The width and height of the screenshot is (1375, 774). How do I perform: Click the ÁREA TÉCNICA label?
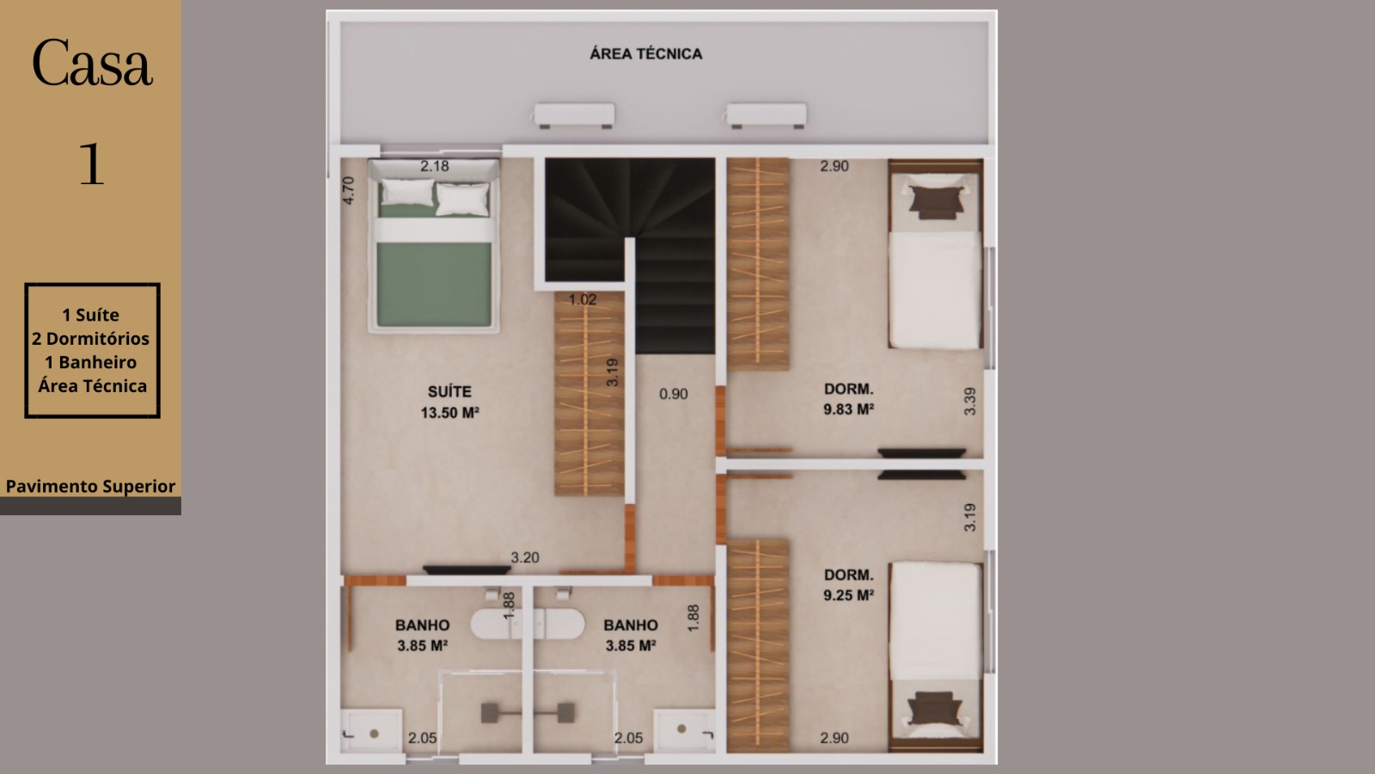(x=645, y=54)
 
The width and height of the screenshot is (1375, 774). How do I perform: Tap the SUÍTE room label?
(x=449, y=392)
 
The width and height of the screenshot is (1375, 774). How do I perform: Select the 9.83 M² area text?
(x=848, y=409)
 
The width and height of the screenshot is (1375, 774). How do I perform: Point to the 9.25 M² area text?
(x=848, y=595)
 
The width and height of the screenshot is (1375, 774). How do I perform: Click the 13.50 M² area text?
(x=449, y=413)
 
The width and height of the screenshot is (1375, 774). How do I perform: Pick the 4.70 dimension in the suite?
(x=348, y=190)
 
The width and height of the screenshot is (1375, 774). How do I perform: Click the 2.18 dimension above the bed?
(x=435, y=166)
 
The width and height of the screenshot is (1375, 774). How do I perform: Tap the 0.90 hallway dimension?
(x=674, y=394)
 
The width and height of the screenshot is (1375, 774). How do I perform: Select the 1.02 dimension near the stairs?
(x=583, y=300)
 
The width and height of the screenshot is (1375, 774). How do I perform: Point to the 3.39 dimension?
(x=970, y=401)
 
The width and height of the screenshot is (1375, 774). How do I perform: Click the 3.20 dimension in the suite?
(x=525, y=558)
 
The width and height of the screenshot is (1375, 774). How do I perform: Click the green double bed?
(x=434, y=246)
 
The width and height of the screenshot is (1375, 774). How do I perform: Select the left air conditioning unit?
(x=574, y=115)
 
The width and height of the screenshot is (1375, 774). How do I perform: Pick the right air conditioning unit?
(x=767, y=115)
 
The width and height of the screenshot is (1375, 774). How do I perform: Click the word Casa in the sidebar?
(x=91, y=63)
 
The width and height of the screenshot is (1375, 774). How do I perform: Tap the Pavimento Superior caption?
(x=91, y=487)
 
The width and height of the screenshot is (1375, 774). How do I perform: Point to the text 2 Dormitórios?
(x=91, y=339)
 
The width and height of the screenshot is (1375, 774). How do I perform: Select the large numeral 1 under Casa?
(x=91, y=163)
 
